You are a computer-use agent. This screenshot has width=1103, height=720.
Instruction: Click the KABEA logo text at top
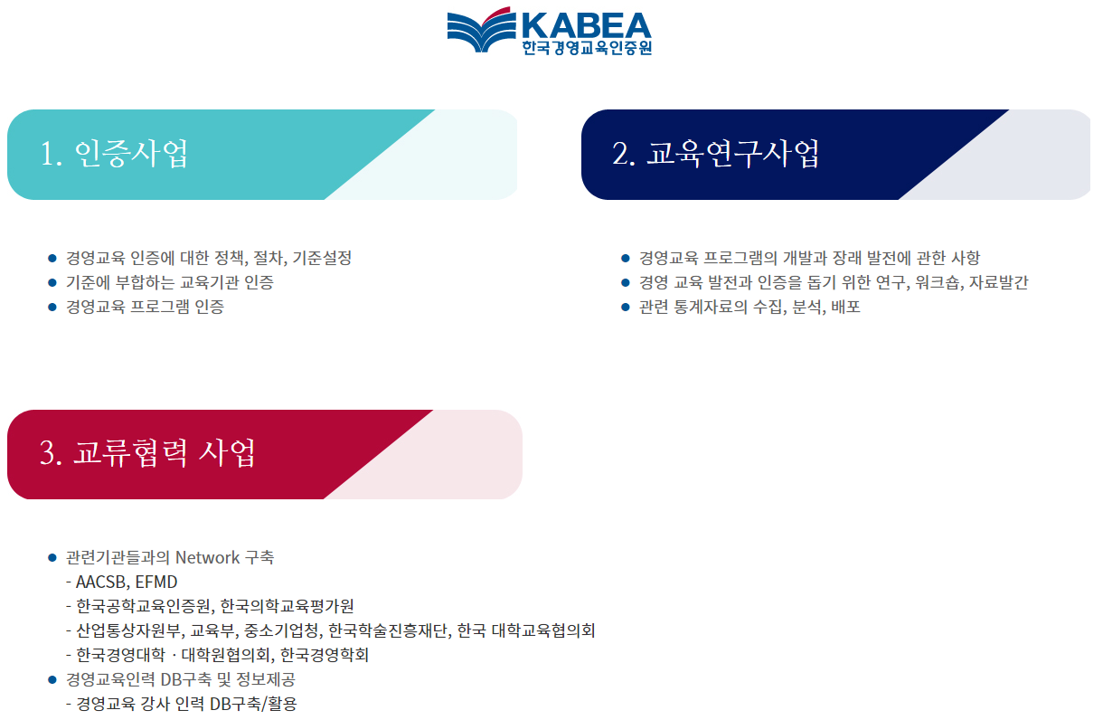586,24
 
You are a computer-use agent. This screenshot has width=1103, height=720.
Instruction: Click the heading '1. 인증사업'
115,154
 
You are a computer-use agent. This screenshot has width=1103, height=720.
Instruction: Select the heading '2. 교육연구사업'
716,154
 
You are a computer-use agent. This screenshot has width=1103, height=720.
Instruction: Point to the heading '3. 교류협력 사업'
147,452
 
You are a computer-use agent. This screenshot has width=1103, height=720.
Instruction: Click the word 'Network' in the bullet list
209,557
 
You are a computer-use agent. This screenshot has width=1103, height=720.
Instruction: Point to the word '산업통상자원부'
127,630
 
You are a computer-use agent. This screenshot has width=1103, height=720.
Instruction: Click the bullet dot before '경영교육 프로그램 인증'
52,307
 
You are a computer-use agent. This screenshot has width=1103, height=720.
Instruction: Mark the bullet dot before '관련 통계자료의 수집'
625,307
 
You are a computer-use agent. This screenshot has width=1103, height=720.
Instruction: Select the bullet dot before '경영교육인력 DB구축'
52,679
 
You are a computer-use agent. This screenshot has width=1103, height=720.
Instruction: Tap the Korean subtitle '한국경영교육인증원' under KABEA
586,48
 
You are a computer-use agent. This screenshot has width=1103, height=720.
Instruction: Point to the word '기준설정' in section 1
322,258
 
